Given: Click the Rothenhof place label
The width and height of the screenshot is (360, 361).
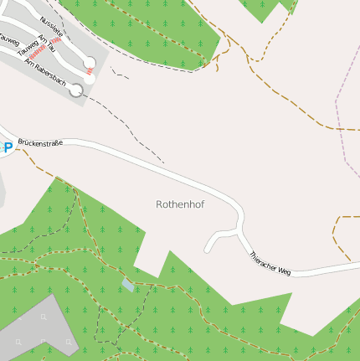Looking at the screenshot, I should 180,204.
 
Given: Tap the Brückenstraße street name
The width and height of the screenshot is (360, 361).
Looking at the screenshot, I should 40,143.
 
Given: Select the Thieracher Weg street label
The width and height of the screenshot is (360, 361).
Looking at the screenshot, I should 270,265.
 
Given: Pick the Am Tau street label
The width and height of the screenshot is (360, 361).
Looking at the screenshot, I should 46,49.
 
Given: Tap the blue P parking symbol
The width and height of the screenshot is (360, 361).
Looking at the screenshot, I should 8,147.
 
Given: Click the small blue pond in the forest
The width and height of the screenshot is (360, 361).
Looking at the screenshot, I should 127,285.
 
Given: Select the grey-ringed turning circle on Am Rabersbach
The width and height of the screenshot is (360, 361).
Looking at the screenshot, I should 76,90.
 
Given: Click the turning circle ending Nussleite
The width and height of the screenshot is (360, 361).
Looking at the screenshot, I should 90,62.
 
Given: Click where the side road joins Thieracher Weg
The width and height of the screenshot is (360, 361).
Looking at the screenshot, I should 242,235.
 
